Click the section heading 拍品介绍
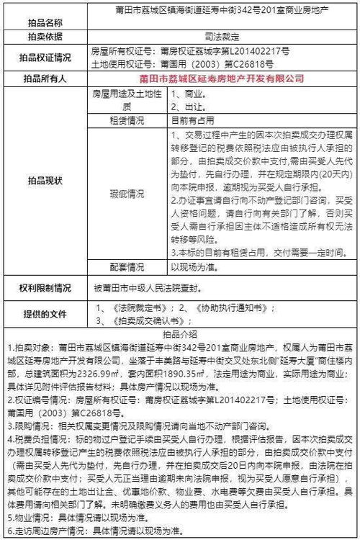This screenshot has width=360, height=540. point(180,335)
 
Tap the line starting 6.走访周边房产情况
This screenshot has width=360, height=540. point(108,531)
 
